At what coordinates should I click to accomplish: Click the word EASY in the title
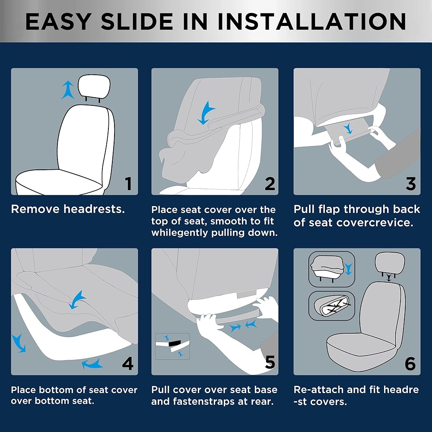click(58, 21)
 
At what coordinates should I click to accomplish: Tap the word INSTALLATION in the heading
click(311, 21)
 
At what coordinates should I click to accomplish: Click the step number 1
click(128, 184)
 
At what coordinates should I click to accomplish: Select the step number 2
click(270, 184)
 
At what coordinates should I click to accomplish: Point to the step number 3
click(410, 184)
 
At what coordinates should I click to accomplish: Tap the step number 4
click(127, 363)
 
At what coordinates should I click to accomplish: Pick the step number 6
click(410, 363)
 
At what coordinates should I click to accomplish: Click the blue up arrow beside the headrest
click(68, 89)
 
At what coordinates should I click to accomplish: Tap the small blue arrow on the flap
click(348, 128)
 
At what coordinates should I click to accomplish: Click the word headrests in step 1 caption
click(94, 209)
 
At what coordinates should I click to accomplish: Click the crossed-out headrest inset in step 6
click(331, 305)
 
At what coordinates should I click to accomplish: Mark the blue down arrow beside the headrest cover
click(348, 269)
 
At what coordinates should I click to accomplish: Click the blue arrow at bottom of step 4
click(92, 364)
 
